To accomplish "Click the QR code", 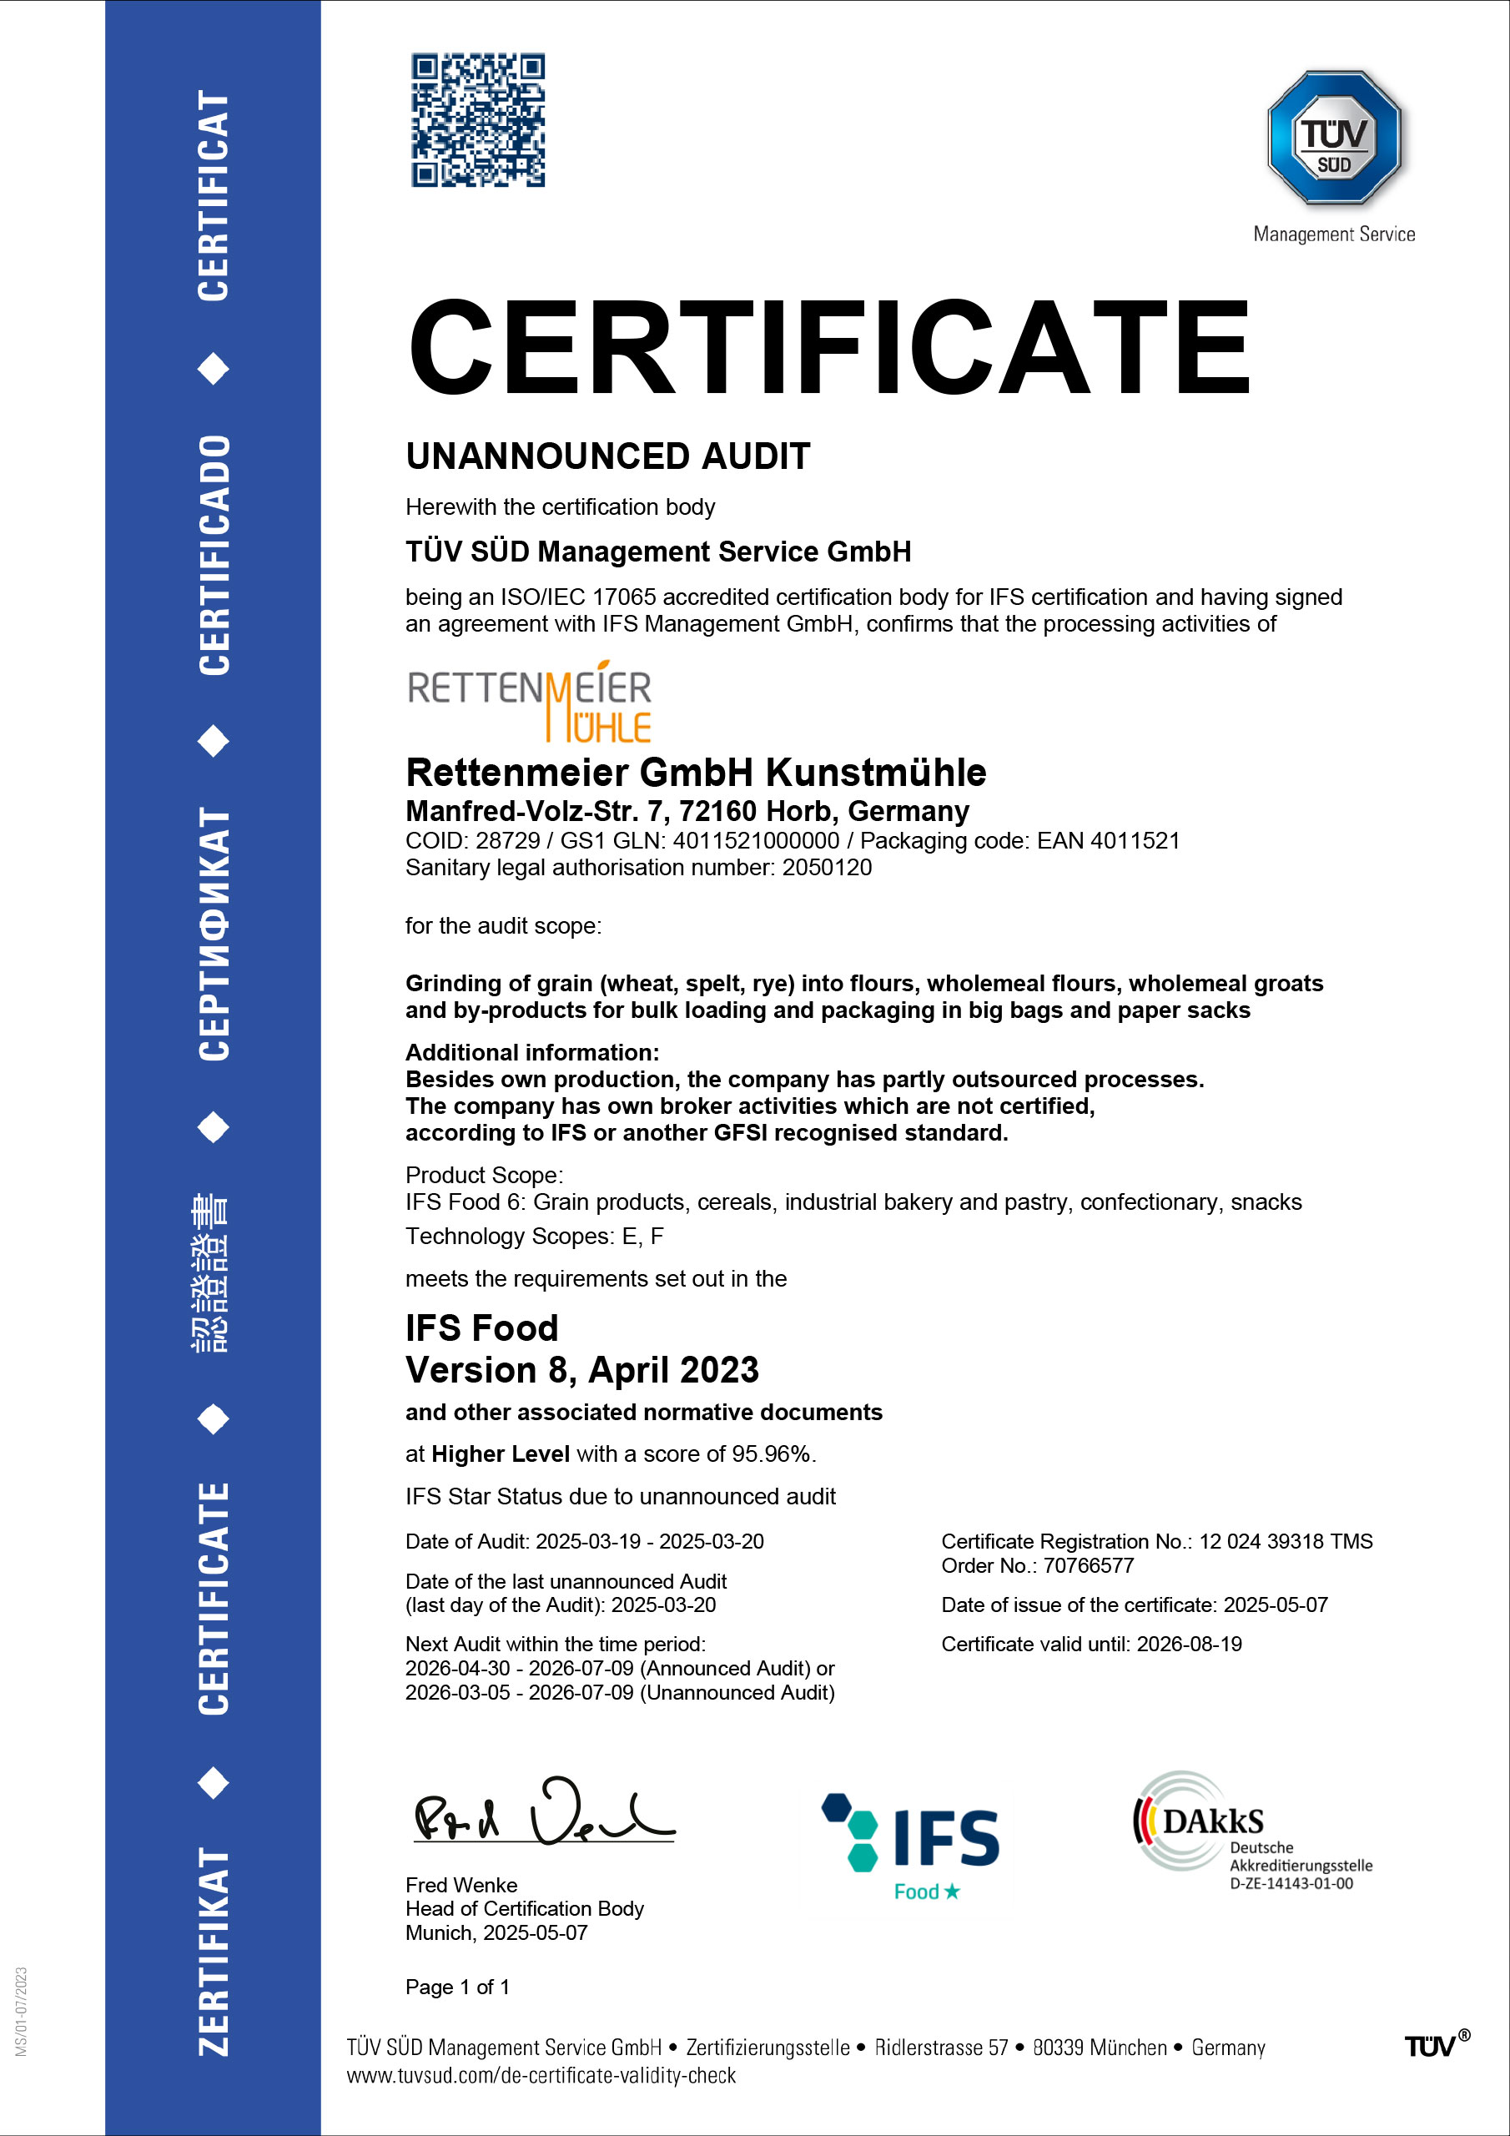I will [478, 120].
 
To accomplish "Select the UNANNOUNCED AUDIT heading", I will [607, 456].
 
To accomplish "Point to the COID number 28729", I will [507, 841].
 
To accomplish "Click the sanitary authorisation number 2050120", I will [826, 868].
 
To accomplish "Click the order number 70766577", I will [1088, 1566].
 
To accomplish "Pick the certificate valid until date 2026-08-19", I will [1189, 1644].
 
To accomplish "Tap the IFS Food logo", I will [911, 1846].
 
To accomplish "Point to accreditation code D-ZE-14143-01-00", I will [1291, 1884].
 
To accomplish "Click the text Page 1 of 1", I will [457, 1987].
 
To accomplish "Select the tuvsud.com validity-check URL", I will [541, 2076].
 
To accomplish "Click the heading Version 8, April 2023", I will [581, 1370].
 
